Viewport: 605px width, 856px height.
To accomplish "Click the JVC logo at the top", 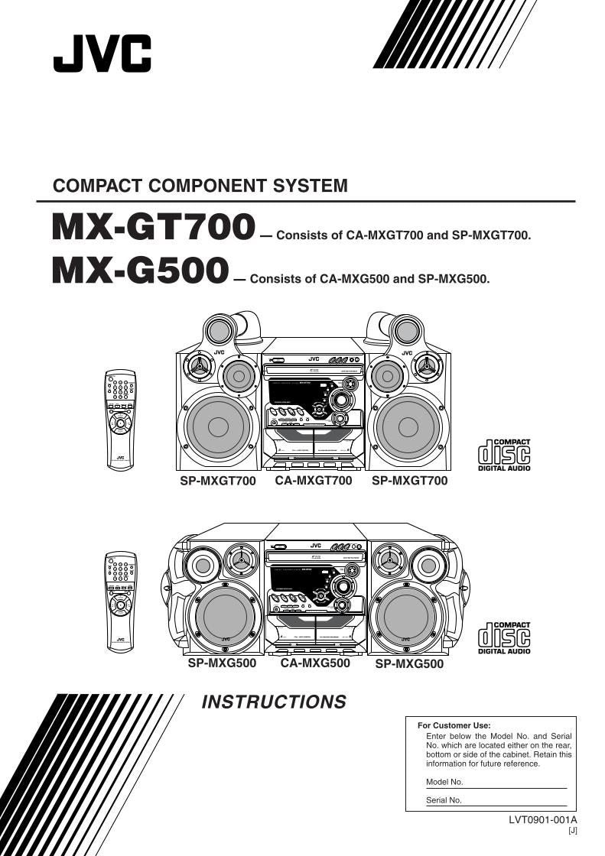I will (x=102, y=53).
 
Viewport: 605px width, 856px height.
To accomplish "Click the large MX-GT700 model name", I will (x=153, y=227).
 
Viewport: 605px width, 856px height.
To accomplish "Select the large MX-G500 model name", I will (x=140, y=271).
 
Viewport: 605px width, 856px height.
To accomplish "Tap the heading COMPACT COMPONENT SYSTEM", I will (x=200, y=186).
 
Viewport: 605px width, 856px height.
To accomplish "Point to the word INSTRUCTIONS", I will (x=273, y=702).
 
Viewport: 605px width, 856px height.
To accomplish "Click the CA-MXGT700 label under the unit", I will (x=314, y=481).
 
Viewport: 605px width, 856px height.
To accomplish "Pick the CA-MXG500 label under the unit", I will (x=315, y=663).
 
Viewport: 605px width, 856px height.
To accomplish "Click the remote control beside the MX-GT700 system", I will (x=120, y=418).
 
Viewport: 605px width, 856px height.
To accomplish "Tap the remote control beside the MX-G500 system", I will (x=120, y=601).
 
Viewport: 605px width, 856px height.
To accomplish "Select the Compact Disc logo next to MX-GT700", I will (x=504, y=455).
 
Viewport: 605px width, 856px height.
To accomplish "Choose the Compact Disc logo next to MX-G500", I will (x=504, y=638).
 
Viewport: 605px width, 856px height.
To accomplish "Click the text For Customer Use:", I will (x=454, y=725).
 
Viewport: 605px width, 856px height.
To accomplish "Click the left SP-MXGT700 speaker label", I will (x=218, y=481).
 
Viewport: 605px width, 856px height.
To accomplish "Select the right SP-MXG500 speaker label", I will (x=409, y=664).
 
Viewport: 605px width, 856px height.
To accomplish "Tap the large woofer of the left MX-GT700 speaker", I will (x=218, y=426).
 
